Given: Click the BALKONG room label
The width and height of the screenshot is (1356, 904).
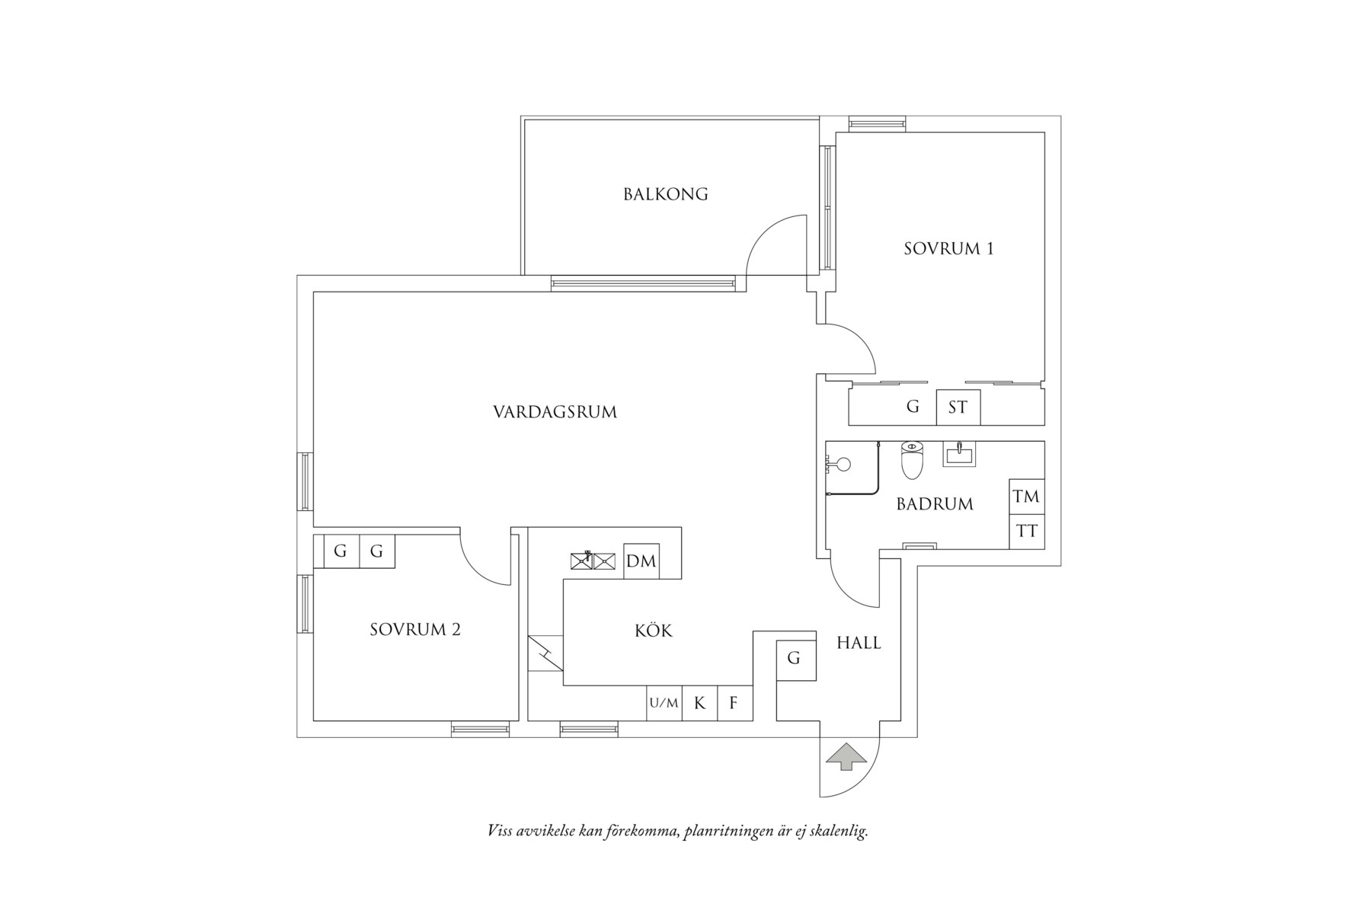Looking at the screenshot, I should pyautogui.click(x=665, y=194).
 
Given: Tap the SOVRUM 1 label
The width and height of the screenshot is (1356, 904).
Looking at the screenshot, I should pyautogui.click(x=948, y=248).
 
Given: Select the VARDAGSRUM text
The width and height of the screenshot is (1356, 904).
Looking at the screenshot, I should pyautogui.click(x=555, y=412).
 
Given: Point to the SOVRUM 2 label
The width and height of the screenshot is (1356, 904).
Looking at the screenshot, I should pyautogui.click(x=415, y=630).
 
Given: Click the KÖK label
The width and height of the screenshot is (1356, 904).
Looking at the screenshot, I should pyautogui.click(x=654, y=631).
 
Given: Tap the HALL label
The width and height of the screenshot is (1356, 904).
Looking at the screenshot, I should pyautogui.click(x=859, y=643).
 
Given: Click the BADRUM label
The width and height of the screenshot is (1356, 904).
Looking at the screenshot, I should pyautogui.click(x=934, y=504).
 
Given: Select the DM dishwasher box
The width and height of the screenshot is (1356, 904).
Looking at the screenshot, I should pyautogui.click(x=641, y=561).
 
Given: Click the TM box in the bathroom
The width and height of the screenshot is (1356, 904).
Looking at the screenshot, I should pyautogui.click(x=1026, y=497).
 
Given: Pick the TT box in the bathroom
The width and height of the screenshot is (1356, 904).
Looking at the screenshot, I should pyautogui.click(x=1026, y=532).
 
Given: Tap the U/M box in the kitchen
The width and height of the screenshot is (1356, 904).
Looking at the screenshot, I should pyautogui.click(x=664, y=703).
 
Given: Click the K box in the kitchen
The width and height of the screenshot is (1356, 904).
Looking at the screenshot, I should pyautogui.click(x=699, y=703).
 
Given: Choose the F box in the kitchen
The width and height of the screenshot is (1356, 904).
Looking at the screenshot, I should pyautogui.click(x=734, y=703).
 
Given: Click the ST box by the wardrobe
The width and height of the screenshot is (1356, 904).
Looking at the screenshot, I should pyautogui.click(x=958, y=407).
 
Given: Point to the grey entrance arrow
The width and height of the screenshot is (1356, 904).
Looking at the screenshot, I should pyautogui.click(x=846, y=757).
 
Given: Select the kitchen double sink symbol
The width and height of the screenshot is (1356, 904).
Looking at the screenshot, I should pyautogui.click(x=593, y=561).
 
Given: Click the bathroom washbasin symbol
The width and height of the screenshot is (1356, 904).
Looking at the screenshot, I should pyautogui.click(x=959, y=454).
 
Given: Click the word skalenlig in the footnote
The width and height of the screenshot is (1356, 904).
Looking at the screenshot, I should pyautogui.click(x=836, y=831).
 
